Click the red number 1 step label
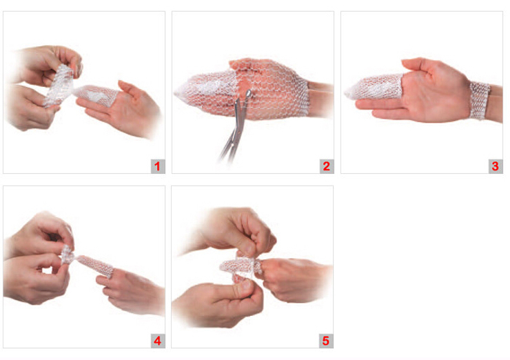click(157, 166)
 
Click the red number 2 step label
click(326, 166)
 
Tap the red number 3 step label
click(495, 166)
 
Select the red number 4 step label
click(157, 341)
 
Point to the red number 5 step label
click(326, 341)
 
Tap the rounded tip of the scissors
click(249, 94)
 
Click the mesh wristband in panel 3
click(479, 100)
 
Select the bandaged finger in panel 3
click(374, 87)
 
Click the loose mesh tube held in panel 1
click(59, 86)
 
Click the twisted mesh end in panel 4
click(68, 255)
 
